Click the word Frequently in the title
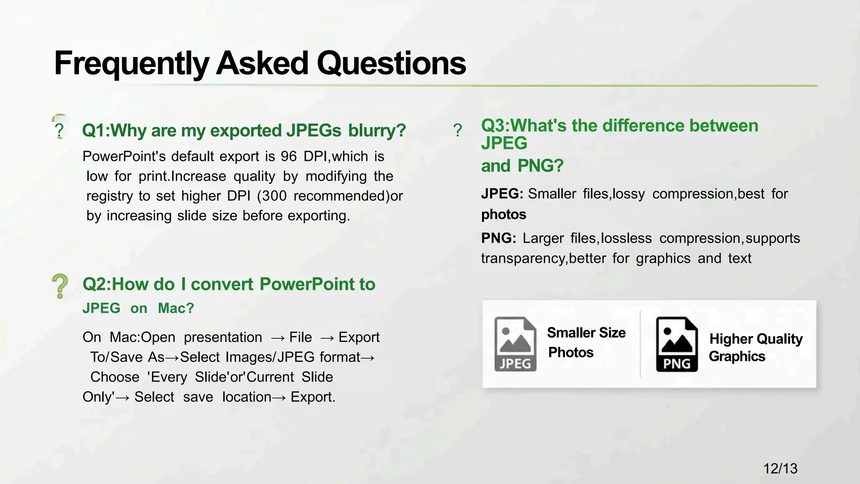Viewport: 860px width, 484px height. [x=131, y=64]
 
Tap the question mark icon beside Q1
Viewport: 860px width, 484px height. [x=59, y=131]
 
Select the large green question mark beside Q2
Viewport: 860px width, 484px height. [x=60, y=286]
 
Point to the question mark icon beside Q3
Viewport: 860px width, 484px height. [x=458, y=130]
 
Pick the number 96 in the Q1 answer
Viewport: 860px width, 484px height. [x=289, y=156]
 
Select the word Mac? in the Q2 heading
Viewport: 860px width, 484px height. [x=176, y=308]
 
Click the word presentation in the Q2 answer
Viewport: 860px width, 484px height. [x=223, y=337]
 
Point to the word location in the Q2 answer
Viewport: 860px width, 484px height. [x=246, y=397]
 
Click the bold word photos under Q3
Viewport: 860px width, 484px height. [x=503, y=215]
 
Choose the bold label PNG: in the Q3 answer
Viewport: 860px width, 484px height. [x=498, y=238]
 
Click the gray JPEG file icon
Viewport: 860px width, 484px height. [x=515, y=344]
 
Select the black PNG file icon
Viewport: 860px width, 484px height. [x=677, y=344]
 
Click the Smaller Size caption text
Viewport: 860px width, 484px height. [x=586, y=333]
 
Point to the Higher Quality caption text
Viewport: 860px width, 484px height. [x=756, y=339]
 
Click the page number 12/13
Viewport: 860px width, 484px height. [x=780, y=468]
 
